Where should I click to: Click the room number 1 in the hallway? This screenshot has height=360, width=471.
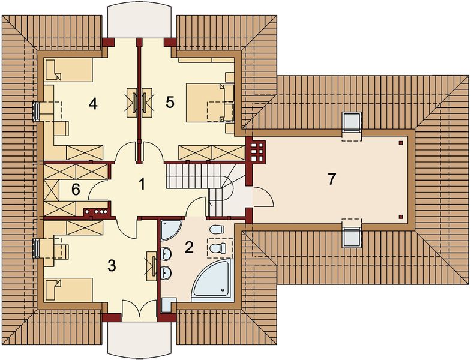tap(142, 184)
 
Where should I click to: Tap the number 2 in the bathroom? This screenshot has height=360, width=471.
tap(189, 247)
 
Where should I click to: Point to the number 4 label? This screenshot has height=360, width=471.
tap(92, 103)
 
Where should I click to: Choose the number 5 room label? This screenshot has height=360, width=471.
tap(170, 102)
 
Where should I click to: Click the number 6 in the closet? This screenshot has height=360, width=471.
tap(76, 190)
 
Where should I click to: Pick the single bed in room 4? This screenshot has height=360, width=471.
tap(68, 70)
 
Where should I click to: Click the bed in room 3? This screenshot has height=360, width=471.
tap(69, 290)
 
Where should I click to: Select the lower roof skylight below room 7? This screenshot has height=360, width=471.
tap(352, 234)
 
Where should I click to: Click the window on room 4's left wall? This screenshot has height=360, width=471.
tap(36, 111)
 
